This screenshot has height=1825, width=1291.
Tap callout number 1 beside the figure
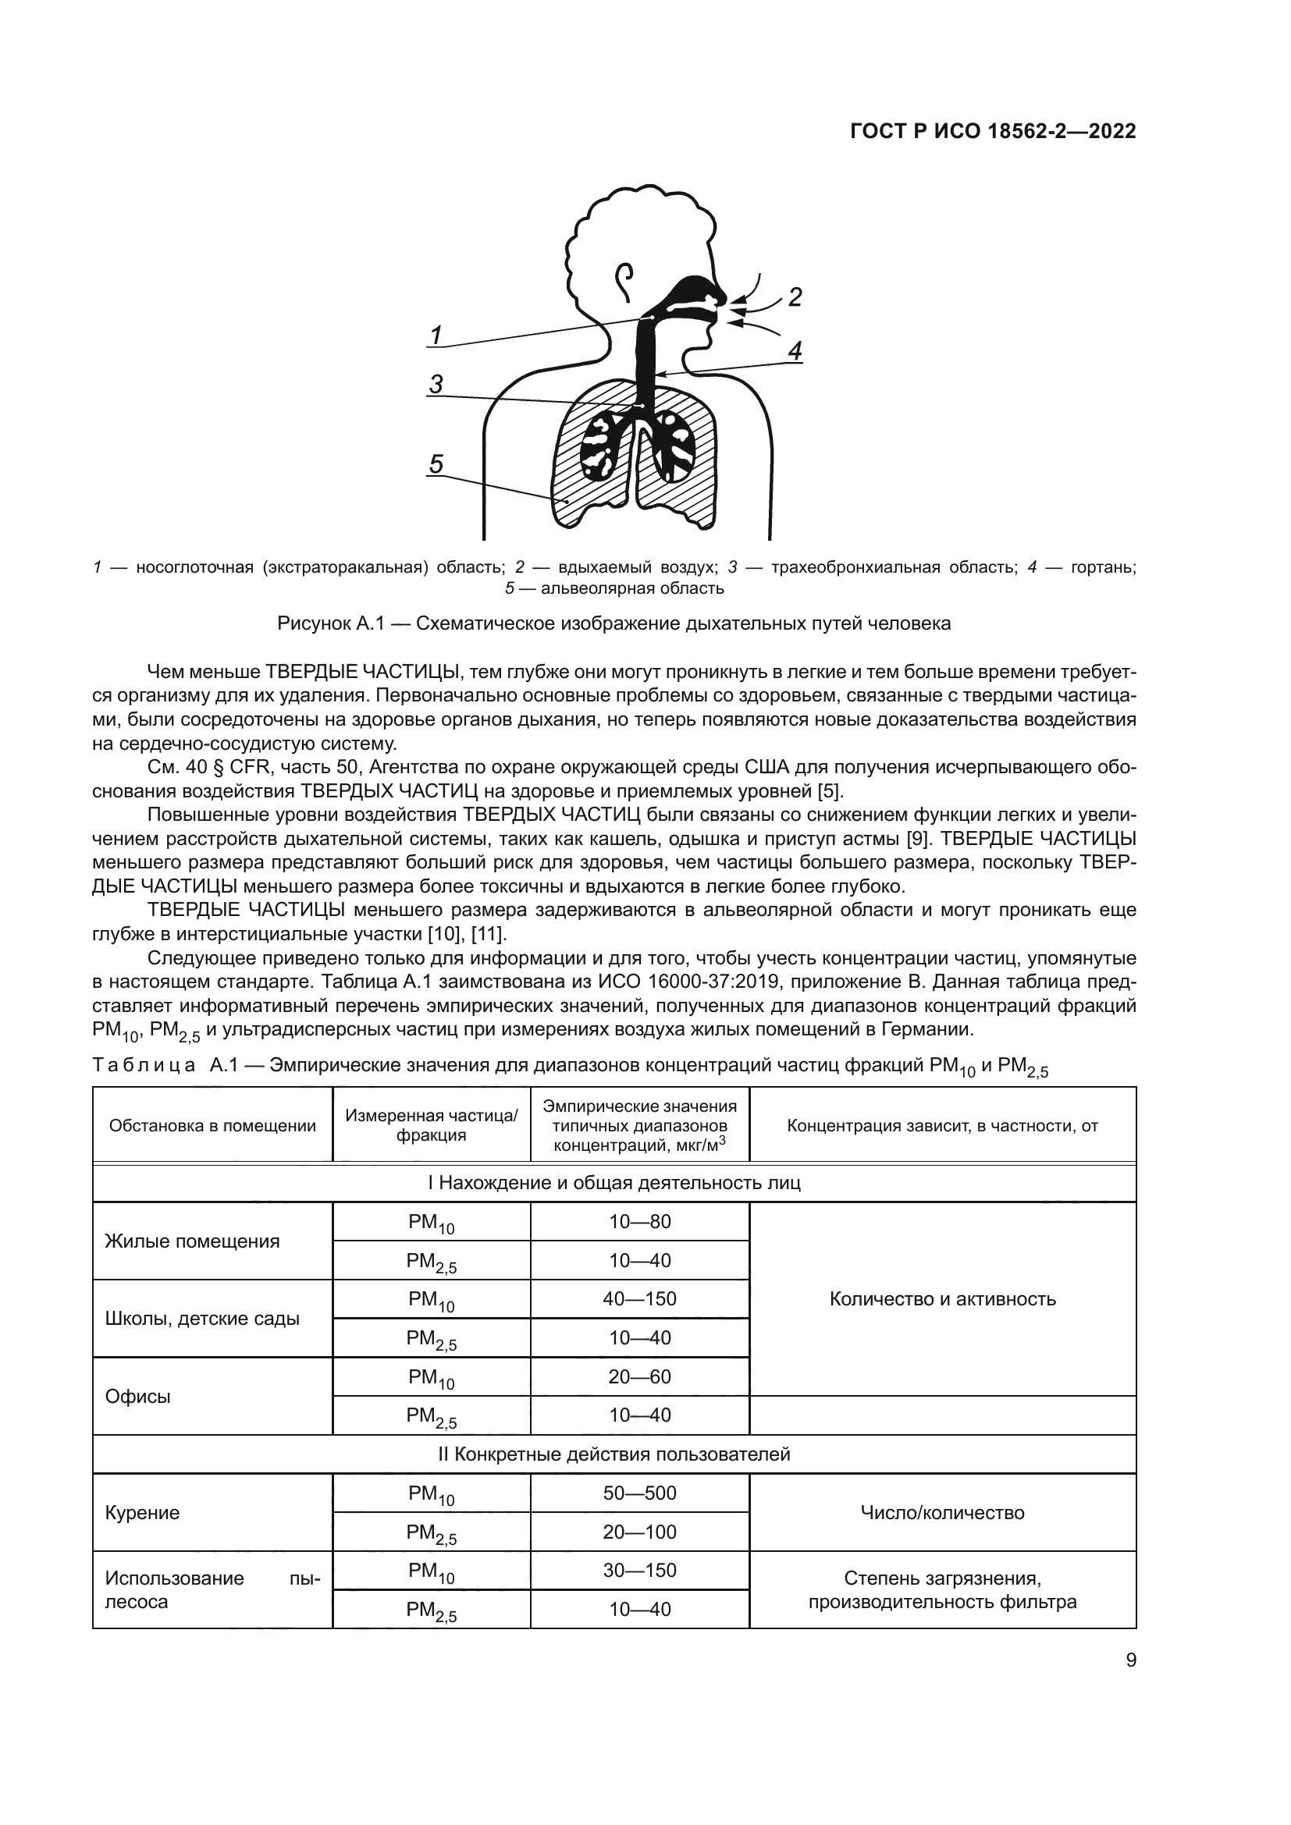436,336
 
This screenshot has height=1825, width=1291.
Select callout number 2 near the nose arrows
794,297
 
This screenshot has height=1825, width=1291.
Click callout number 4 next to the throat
795,350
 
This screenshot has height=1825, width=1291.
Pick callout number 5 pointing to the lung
436,463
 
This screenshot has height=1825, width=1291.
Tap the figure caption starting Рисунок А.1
613,624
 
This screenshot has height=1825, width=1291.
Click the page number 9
1130,1683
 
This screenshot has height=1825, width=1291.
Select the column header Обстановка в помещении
212,1126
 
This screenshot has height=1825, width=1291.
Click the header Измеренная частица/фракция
431,1126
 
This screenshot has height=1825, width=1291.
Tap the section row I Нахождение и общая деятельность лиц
613,1183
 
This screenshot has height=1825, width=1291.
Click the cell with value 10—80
640,1222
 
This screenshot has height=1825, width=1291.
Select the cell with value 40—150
640,1299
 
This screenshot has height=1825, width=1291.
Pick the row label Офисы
138,1397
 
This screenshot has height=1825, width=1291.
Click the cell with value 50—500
640,1493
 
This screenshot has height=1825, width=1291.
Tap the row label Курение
142,1513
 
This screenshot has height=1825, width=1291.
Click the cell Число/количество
942,1513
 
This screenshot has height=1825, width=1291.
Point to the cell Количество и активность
942,1300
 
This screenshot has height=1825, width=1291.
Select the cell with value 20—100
640,1532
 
